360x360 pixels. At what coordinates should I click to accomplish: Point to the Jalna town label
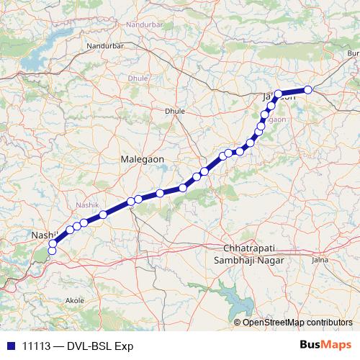320,257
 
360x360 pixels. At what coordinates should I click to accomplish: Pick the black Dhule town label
175,111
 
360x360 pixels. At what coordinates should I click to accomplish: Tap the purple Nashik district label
87,205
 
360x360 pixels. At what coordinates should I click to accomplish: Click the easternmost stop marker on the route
307,89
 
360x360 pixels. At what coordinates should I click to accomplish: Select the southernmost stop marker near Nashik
52,251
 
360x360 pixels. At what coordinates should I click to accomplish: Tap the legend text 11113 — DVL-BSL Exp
78,345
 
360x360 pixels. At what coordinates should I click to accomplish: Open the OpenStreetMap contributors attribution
297,322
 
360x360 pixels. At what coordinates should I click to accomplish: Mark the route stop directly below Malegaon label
138,199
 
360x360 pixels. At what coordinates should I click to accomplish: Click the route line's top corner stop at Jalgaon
278,94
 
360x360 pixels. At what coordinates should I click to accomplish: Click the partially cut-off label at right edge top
354,53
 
